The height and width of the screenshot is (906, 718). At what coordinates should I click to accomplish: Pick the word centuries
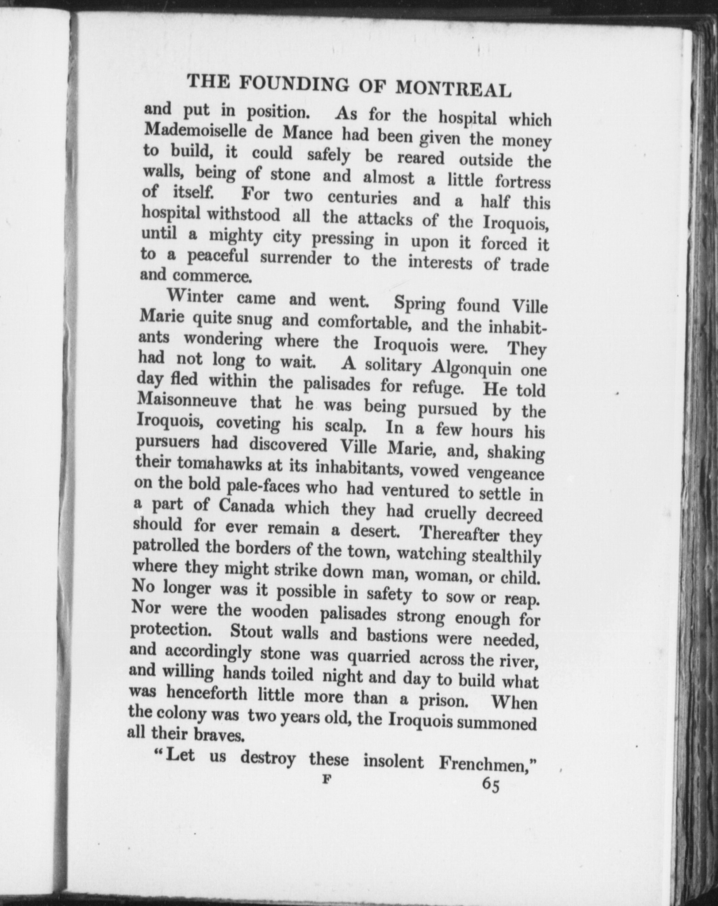coord(362,198)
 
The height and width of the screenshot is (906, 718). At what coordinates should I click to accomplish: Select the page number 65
coord(490,785)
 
